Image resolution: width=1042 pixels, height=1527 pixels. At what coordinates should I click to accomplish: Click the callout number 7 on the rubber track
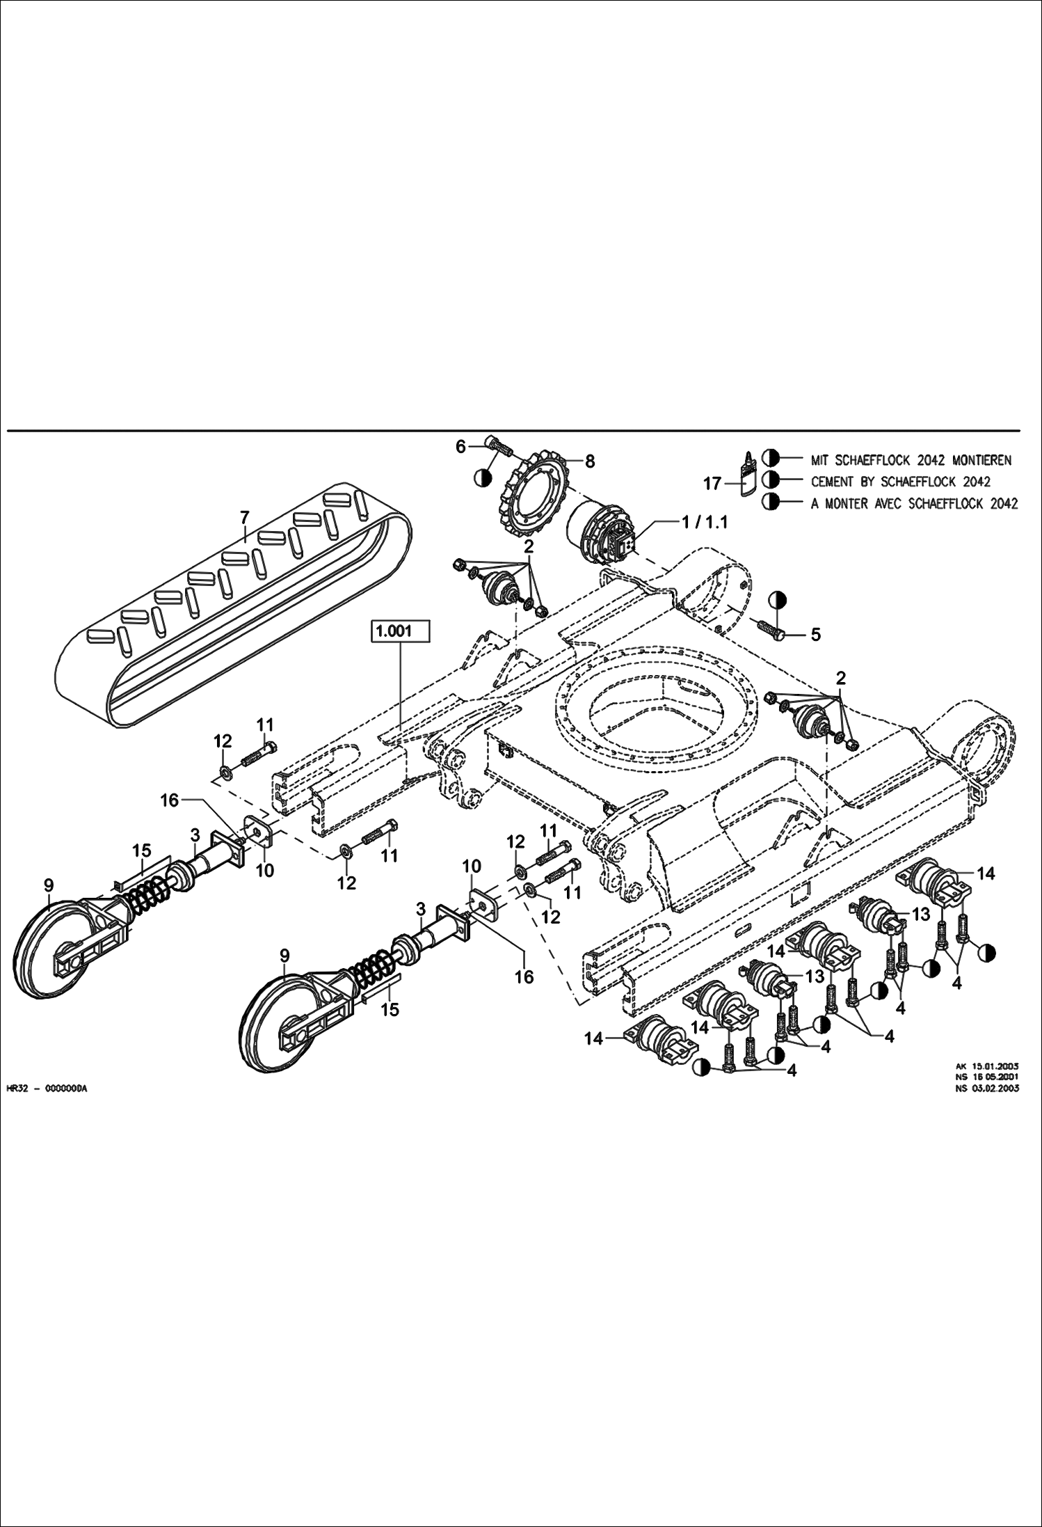(244, 518)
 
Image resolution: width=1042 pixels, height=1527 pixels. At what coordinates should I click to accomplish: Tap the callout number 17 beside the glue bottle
(712, 483)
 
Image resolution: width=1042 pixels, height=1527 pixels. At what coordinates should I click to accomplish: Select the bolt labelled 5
(773, 628)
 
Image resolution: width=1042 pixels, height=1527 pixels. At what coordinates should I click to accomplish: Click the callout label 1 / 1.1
(705, 522)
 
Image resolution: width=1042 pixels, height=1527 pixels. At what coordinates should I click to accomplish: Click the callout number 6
(460, 447)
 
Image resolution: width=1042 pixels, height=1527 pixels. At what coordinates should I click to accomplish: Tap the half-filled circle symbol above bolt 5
(778, 599)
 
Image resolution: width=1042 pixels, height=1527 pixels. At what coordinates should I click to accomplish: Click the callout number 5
(815, 634)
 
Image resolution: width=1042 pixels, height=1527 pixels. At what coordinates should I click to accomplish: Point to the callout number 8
(589, 460)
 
